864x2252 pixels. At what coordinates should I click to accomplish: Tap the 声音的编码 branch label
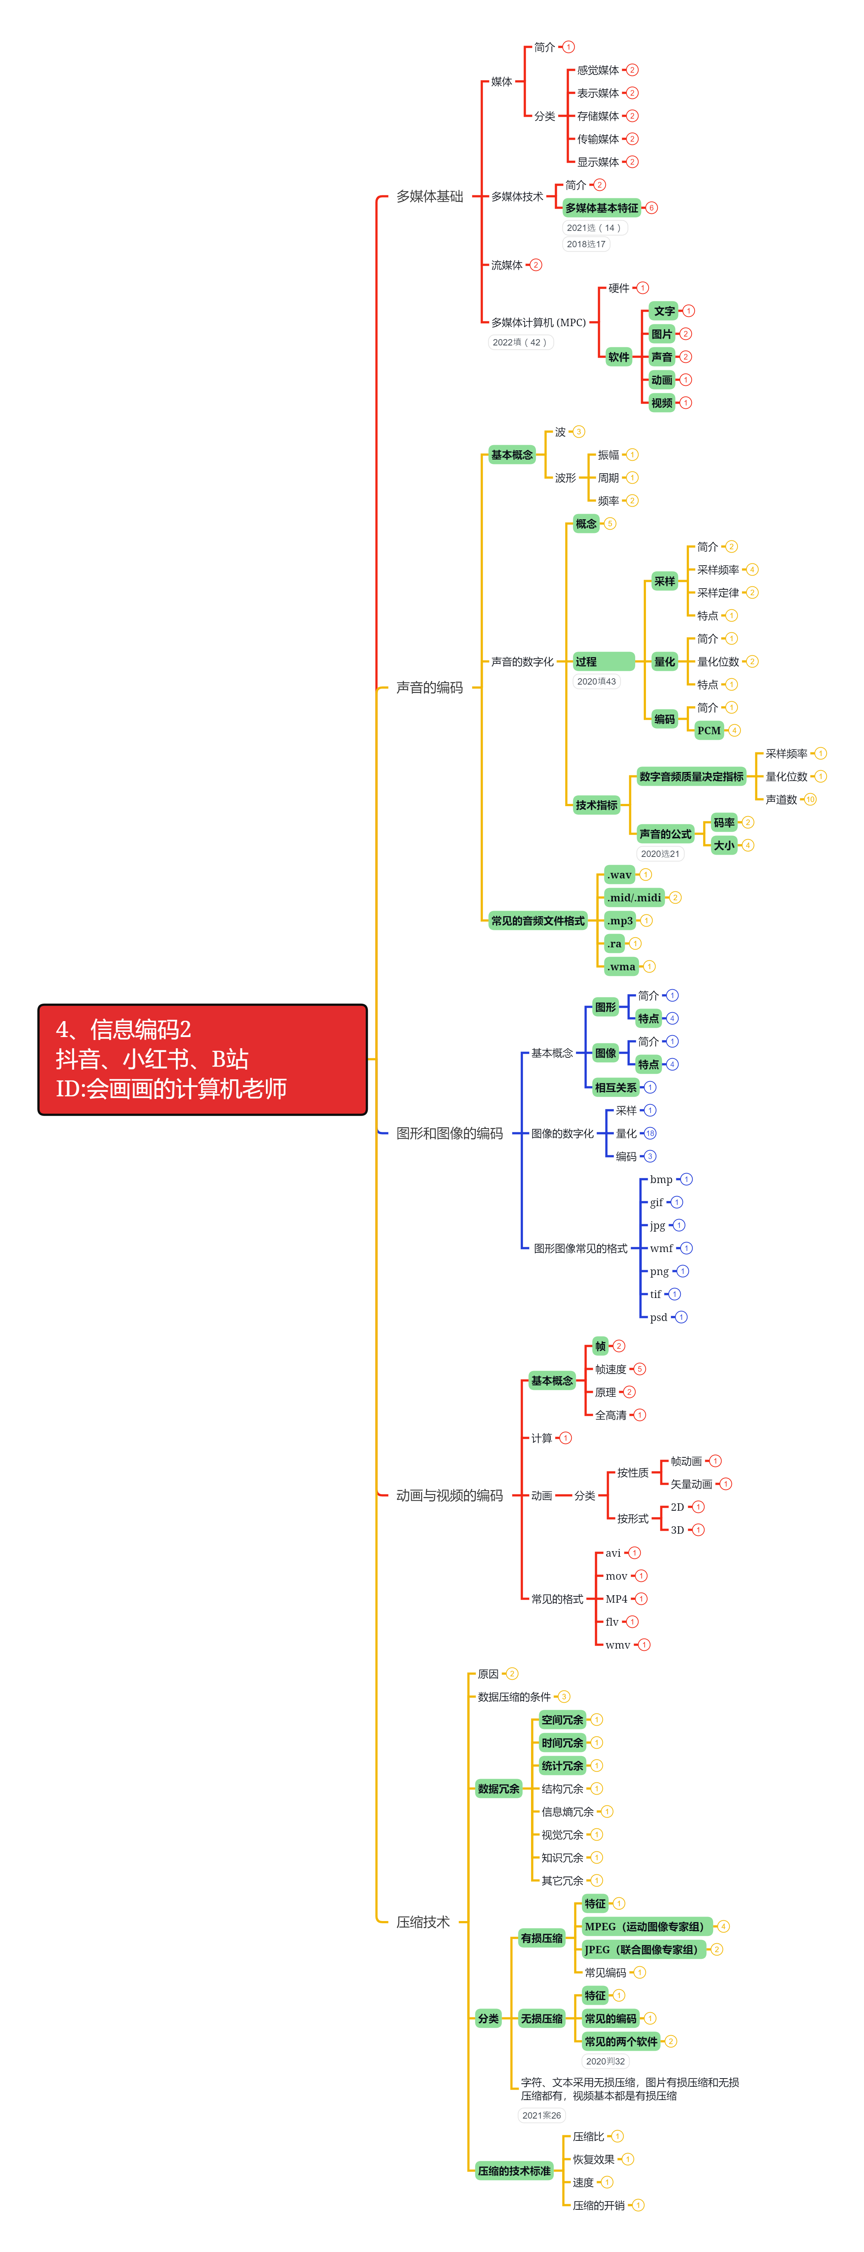tap(429, 687)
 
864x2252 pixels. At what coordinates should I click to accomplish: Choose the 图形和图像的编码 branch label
tap(449, 1133)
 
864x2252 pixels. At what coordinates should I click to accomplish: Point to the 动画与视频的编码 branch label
tap(449, 1495)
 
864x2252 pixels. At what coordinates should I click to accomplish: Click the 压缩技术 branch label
tap(423, 1921)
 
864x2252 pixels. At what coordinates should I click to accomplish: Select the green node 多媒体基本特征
tap(602, 208)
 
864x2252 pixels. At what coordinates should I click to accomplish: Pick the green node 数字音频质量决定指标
tap(691, 776)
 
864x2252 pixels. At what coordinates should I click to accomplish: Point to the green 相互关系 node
tap(616, 1087)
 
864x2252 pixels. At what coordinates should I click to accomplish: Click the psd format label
tap(659, 1318)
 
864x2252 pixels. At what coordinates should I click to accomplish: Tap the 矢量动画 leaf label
tap(691, 1484)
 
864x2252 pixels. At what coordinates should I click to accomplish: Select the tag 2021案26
tap(541, 2116)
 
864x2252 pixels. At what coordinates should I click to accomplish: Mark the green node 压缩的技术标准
tap(514, 2171)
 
